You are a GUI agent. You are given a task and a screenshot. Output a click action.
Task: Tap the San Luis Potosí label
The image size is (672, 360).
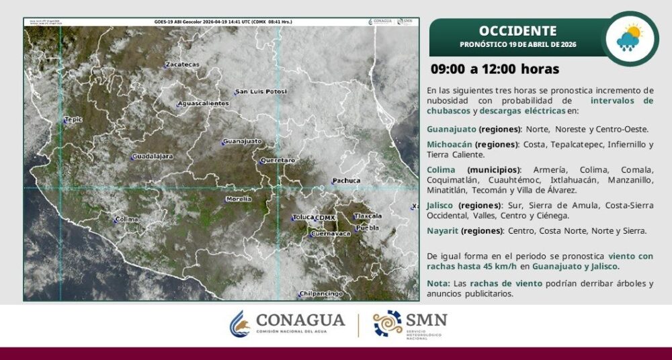(x=261, y=91)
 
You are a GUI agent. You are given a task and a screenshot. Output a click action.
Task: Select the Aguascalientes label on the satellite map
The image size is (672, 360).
(x=204, y=103)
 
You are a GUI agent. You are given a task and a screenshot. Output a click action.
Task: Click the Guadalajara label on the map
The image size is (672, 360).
(x=153, y=156)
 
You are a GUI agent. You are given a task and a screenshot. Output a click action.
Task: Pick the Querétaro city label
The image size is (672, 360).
(x=278, y=161)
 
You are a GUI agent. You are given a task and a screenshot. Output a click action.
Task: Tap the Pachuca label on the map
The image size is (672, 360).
(x=346, y=181)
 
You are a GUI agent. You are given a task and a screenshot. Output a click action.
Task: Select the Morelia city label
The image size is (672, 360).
(x=239, y=199)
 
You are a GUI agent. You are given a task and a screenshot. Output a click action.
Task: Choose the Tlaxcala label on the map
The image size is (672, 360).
(x=368, y=216)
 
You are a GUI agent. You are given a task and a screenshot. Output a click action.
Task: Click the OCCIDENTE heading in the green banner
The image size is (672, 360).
(x=517, y=31)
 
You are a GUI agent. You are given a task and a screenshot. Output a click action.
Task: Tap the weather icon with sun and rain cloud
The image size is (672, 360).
(x=629, y=38)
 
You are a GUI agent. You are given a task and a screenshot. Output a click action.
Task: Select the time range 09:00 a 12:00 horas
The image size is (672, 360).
(x=495, y=69)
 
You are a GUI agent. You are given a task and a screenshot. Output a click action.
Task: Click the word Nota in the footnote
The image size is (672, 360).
(x=437, y=283)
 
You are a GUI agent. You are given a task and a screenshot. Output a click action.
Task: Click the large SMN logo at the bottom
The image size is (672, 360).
(x=411, y=324)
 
